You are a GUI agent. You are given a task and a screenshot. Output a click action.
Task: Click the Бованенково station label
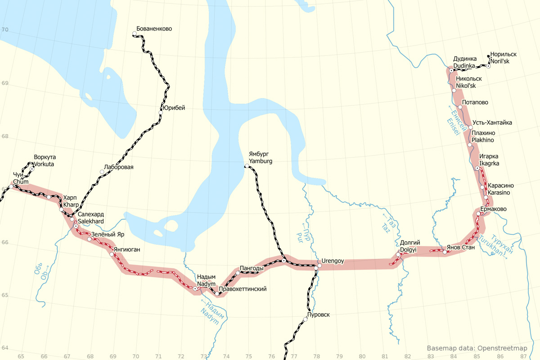154,29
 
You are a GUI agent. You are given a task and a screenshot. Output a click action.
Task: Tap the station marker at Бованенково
135,34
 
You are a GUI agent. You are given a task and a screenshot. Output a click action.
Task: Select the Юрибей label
173,108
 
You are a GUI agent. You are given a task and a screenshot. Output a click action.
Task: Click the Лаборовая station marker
102,172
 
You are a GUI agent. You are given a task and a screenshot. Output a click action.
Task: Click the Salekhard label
90,221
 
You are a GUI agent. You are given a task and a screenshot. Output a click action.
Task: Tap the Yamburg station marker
247,166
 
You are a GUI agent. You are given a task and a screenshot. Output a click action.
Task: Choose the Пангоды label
252,269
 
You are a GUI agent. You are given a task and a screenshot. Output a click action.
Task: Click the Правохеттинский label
243,289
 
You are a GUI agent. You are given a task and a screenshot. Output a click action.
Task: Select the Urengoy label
333,261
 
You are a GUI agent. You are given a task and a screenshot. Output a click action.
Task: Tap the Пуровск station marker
306,319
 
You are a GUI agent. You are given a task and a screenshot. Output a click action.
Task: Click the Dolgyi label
408,249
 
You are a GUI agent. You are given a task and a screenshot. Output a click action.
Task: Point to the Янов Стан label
461,247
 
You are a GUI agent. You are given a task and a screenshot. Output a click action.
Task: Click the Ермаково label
493,209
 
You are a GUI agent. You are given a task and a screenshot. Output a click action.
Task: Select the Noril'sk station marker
488,66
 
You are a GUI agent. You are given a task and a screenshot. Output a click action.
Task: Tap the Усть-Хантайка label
492,123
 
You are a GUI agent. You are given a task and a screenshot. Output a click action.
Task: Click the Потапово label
475,102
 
